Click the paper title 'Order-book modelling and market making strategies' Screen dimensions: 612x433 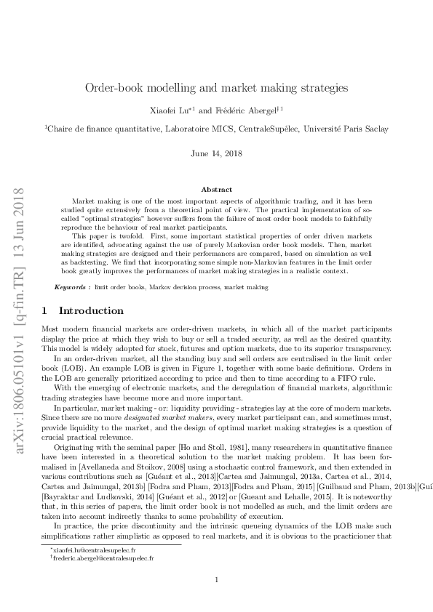click(216, 87)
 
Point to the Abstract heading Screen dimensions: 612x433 click(216, 189)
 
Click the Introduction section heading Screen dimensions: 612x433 click(91, 310)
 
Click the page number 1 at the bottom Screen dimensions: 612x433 click(216, 579)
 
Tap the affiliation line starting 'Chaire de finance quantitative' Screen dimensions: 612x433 click(216, 129)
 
